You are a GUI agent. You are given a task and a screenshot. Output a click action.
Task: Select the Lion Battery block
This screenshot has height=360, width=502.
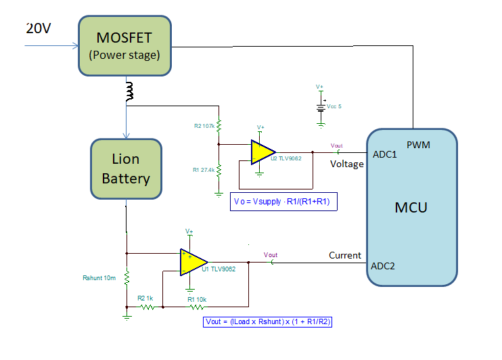pos(126,169)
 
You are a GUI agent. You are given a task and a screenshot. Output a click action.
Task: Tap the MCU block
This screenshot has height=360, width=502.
pos(411,206)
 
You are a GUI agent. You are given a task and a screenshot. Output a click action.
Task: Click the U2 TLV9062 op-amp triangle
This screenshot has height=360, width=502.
pos(259,152)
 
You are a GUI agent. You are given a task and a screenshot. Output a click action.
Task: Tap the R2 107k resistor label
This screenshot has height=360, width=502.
pos(204,126)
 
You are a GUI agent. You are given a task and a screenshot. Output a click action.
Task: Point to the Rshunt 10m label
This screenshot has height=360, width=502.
pos(99,277)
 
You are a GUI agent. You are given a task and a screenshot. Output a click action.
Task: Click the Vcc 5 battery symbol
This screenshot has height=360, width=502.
pos(321,107)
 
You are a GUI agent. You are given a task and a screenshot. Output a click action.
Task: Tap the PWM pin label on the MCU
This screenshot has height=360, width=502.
pos(418,145)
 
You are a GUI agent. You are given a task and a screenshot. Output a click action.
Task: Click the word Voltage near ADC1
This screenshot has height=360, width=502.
pos(347,164)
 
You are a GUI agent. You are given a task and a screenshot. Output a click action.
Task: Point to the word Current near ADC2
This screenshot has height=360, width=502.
pos(345,255)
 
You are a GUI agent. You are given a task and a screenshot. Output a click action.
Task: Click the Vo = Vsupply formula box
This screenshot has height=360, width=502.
pos(284,202)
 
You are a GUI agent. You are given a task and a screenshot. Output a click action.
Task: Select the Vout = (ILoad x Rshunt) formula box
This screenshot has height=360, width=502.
pos(267,323)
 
